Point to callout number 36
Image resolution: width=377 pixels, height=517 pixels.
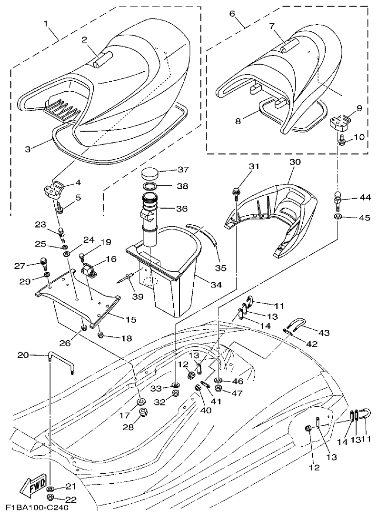pos(181,208)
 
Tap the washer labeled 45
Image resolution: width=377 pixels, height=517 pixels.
pos(337,217)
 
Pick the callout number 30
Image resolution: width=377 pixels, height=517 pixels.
pos(295,162)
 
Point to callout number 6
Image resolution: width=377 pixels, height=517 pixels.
pos(232,13)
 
